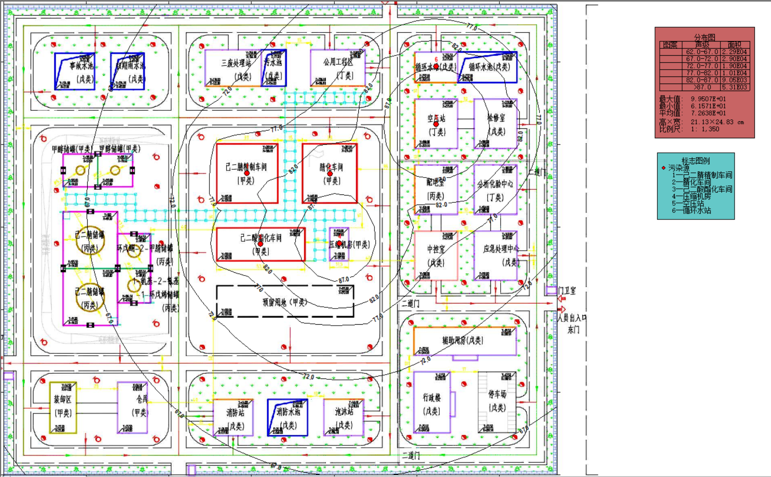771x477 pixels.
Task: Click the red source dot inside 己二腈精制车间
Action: (247, 173)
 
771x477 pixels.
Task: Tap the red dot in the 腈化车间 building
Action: (330, 174)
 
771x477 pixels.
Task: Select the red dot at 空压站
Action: (436, 124)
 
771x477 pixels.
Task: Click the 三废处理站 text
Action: (236, 63)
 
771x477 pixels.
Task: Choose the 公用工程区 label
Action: (338, 62)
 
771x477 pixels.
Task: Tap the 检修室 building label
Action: (496, 118)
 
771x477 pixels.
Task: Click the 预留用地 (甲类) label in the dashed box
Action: (285, 302)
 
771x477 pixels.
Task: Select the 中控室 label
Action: (436, 249)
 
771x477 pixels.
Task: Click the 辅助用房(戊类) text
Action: (462, 340)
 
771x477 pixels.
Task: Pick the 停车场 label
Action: (497, 394)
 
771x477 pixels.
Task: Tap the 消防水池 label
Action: (288, 412)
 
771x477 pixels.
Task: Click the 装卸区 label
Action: (63, 399)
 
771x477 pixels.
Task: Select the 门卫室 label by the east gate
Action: (567, 291)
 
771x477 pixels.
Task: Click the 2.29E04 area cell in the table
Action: (734, 52)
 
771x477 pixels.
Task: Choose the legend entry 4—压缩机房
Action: (691, 196)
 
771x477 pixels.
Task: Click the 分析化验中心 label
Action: (495, 184)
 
